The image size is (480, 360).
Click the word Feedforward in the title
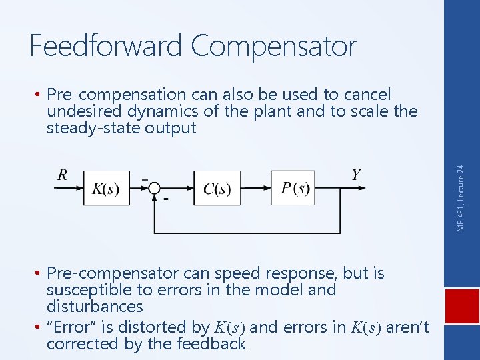coord(106,46)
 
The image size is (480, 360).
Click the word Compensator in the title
coord(273,46)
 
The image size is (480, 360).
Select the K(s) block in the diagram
coord(106,189)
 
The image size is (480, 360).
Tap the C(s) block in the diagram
coord(217,189)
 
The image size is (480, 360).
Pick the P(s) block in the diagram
coord(293,189)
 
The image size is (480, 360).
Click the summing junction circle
coord(154,189)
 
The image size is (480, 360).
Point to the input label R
coord(63,175)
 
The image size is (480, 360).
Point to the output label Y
coord(357,175)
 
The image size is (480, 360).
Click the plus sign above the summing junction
coord(145,179)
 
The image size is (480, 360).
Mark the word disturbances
coord(95,307)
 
